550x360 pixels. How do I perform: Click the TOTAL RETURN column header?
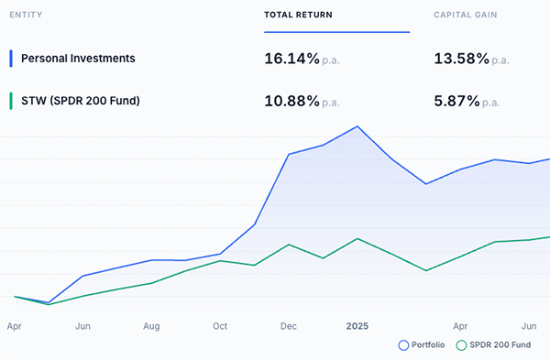coord(298,16)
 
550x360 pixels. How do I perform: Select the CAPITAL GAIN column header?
coord(467,16)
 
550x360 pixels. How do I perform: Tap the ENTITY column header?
coord(26,16)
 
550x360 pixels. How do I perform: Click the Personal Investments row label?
coord(78,59)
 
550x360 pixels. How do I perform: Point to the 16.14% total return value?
coord(291,60)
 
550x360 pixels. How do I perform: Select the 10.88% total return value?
coord(291,100)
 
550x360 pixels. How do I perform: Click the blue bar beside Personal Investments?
coord(10,59)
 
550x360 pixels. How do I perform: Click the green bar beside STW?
coord(10,100)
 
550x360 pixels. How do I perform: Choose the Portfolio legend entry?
coord(423,345)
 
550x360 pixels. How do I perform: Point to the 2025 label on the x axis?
coord(357,325)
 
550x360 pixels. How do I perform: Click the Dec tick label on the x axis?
coord(289,325)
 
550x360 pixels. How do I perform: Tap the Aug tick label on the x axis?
coord(151,325)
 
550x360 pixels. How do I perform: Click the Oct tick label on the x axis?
coord(220,325)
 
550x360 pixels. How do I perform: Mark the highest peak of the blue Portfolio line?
coord(357,126)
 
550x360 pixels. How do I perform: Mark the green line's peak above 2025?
coord(357,238)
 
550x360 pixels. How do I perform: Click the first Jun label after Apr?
coord(82,325)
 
